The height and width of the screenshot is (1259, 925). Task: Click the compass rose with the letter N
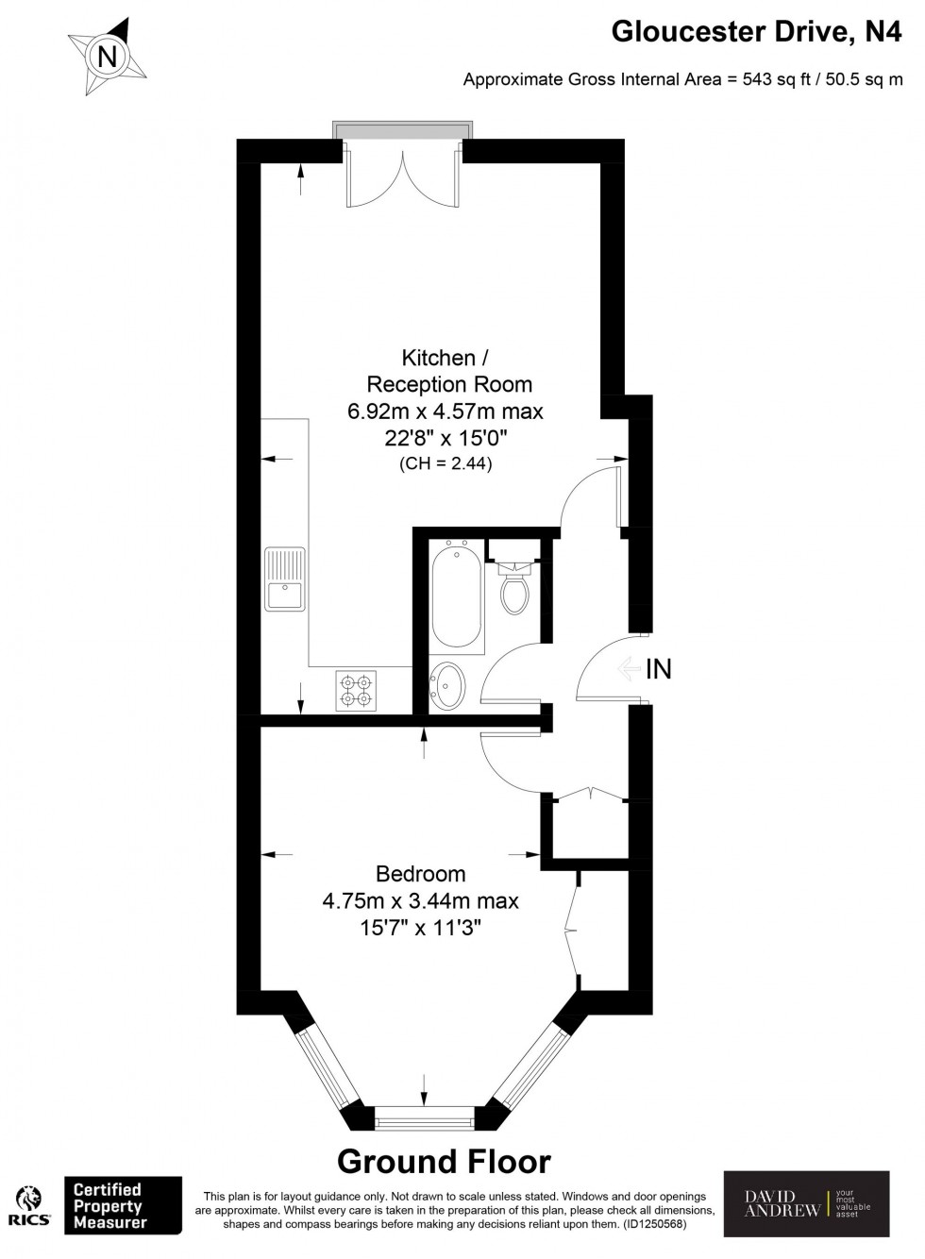108,58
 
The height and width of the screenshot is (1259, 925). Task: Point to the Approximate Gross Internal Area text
682,80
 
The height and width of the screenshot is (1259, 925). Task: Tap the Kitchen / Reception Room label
439,358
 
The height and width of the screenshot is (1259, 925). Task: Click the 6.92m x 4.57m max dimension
446,411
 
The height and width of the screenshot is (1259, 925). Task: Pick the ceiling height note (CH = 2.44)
446,463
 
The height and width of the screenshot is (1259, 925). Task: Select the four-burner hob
356,690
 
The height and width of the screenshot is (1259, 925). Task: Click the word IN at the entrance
658,669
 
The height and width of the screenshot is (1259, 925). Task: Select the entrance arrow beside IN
627,669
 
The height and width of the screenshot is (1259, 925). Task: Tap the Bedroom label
420,873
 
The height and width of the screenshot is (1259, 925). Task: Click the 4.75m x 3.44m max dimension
420,900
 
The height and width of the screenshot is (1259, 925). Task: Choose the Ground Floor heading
444,1161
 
